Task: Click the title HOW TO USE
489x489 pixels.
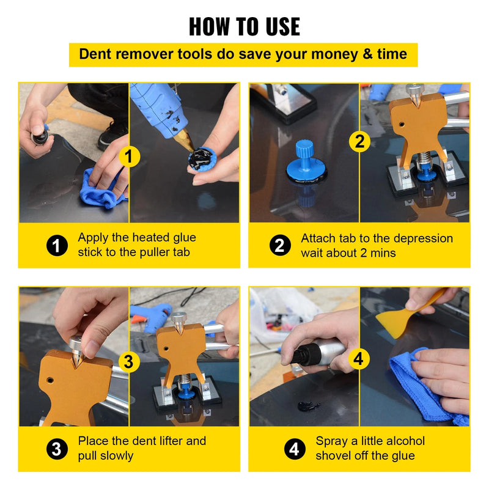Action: pos(244,26)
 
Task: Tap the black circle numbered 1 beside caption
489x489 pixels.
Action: pos(57,246)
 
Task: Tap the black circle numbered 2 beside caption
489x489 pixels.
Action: pos(280,246)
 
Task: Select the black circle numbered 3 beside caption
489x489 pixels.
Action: pos(57,449)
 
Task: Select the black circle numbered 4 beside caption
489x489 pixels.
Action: pos(295,449)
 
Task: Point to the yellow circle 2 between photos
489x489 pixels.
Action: pos(359,142)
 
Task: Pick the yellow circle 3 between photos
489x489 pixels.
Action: pos(128,362)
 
